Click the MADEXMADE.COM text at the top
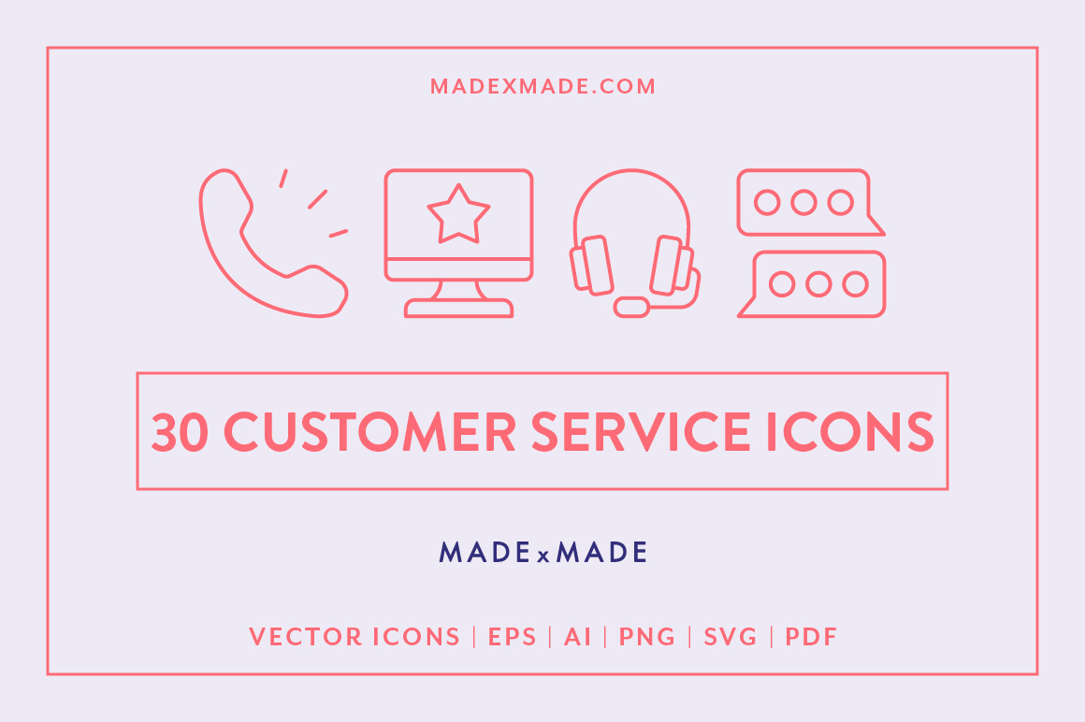pyautogui.click(x=542, y=86)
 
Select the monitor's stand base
pyautogui.click(x=458, y=309)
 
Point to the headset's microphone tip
pyautogui.click(x=632, y=306)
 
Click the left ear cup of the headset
pyautogui.click(x=592, y=265)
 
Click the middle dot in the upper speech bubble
pyautogui.click(x=803, y=202)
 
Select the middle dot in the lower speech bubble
pyautogui.click(x=818, y=283)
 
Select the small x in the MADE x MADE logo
pyautogui.click(x=542, y=556)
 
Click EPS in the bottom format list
pyautogui.click(x=513, y=638)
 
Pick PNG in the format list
pyautogui.click(x=647, y=638)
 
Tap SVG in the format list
pyautogui.click(x=731, y=638)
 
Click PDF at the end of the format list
pyautogui.click(x=811, y=638)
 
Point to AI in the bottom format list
pyautogui.click(x=577, y=638)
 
